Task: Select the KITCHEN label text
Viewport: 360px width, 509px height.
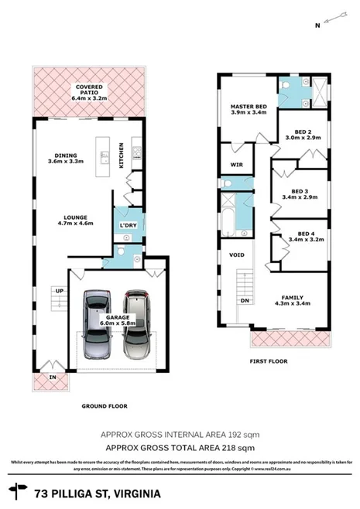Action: click(121, 155)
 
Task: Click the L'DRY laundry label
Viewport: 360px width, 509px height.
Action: click(126, 225)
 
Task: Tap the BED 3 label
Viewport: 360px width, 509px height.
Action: click(300, 194)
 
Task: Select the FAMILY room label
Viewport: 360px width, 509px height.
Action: click(293, 298)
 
